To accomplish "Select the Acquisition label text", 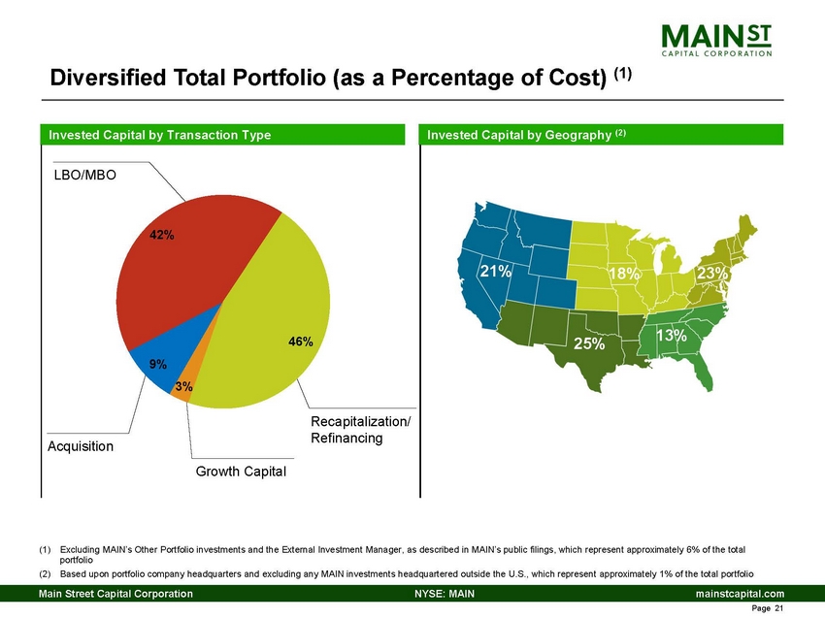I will coord(81,446).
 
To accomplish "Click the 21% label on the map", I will coord(495,273).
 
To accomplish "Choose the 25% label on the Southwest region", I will coord(588,343).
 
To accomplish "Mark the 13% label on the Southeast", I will coord(671,336).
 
